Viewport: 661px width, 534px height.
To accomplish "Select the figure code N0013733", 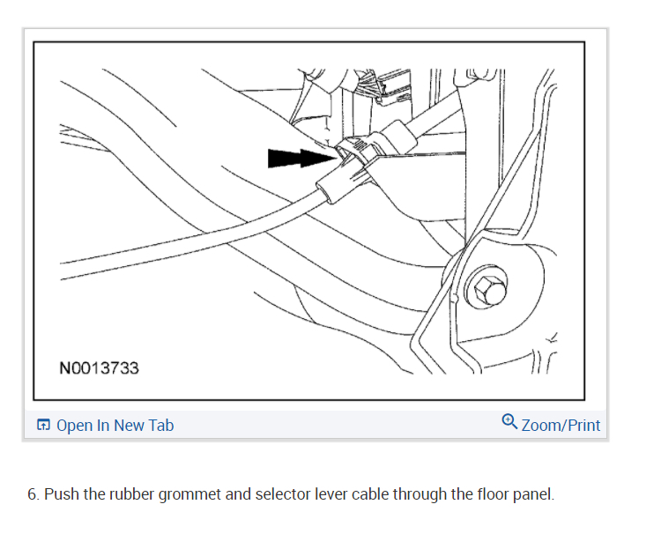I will coord(99,368).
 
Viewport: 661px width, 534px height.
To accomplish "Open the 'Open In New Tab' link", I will coord(115,426).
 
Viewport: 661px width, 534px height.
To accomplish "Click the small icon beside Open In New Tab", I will coord(44,426).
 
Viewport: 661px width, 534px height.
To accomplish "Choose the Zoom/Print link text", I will coord(561,426).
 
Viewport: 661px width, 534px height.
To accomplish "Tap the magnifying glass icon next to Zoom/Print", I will coord(509,423).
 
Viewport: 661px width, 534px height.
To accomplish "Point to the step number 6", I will coord(33,494).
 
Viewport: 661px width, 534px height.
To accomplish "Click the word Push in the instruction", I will coord(62,494).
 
